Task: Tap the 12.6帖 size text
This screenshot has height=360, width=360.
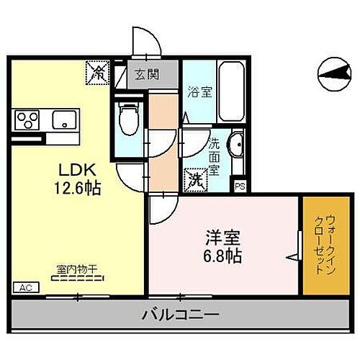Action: pyautogui.click(x=75, y=189)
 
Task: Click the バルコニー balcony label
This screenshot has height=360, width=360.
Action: pyautogui.click(x=180, y=314)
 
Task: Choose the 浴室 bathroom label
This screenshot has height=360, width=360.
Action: pyautogui.click(x=199, y=92)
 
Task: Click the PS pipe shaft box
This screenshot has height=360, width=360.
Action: pyautogui.click(x=240, y=185)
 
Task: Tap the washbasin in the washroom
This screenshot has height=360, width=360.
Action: pyautogui.click(x=236, y=144)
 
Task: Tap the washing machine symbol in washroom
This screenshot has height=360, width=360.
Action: pyautogui.click(x=194, y=178)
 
